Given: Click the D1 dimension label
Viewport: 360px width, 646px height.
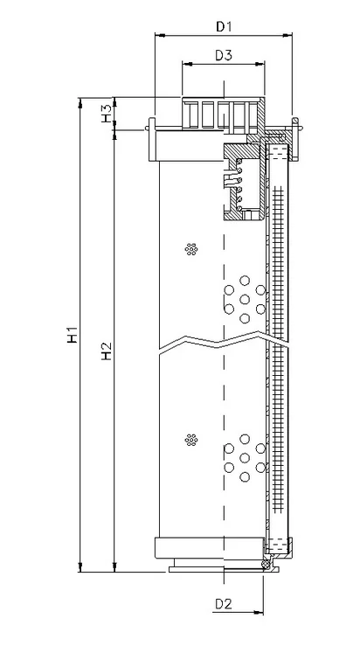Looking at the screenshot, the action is pos(224,27).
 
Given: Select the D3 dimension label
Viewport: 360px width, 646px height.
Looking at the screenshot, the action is pos(224,55).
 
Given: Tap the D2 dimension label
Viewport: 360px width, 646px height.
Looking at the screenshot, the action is pos(224,604).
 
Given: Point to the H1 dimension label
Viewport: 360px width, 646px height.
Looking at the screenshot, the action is pos(73,334).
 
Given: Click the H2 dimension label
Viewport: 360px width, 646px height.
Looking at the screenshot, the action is pos(107,351).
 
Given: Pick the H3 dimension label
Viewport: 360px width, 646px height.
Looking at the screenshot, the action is pos(107,114).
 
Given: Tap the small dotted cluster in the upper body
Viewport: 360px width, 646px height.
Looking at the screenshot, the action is pos(191,249).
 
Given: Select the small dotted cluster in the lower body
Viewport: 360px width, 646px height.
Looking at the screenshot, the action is pos(191,440).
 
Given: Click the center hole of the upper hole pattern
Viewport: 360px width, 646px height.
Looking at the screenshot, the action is pos(245,299).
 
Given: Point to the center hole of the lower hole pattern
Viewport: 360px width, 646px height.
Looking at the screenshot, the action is pos(245,458).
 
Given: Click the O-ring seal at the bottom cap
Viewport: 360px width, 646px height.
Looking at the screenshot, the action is pos(267,564).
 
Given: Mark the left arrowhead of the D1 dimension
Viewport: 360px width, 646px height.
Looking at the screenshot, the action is pos(159,36).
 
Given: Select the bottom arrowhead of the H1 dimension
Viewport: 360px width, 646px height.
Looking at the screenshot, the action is pos(80,567).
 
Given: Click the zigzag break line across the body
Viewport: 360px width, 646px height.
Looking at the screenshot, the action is pos(225,342).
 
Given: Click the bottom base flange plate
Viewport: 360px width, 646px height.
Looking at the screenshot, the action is pos(224,569).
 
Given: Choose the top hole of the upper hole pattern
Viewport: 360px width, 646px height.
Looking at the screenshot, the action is pos(245,281).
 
